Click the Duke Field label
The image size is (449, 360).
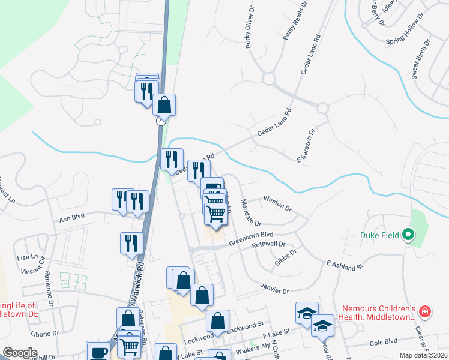tap(380, 235)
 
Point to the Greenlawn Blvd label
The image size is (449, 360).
tap(251, 239)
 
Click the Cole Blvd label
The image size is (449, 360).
tap(384, 343)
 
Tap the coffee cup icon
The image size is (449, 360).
tap(98, 351)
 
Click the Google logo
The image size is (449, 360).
tap(20, 353)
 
